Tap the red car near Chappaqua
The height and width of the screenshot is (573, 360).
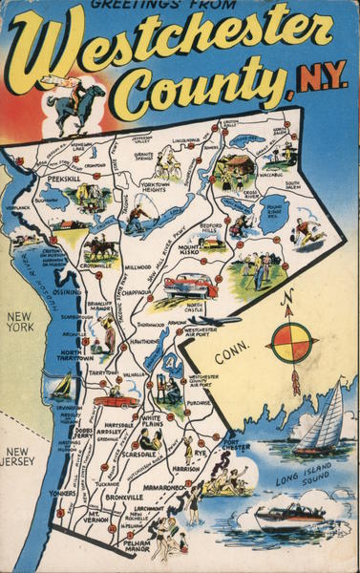(x=191, y=285)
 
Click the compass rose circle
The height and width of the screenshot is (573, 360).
(x=292, y=343)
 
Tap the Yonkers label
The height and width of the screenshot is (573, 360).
(x=62, y=494)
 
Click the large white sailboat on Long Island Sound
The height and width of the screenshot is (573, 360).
(x=321, y=420)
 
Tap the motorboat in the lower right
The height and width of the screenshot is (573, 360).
(x=289, y=516)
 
